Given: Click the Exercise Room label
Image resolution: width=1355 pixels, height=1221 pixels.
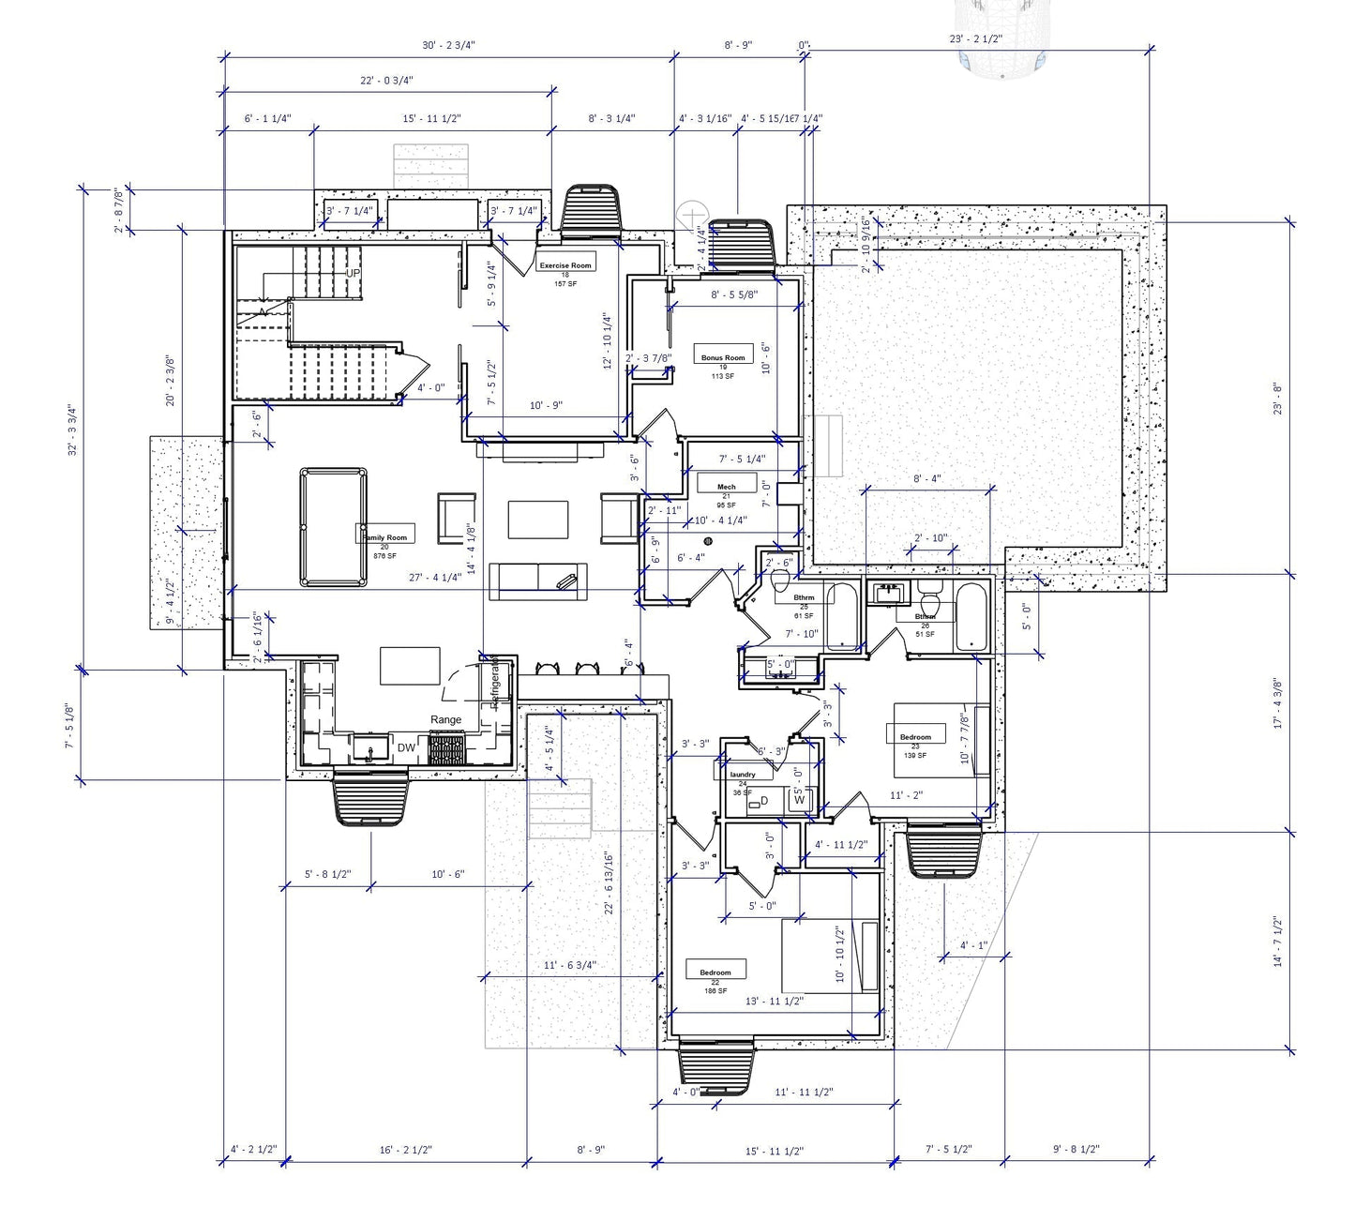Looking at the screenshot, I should click(565, 265).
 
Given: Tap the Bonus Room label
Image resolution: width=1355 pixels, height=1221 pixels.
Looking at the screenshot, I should click(723, 357).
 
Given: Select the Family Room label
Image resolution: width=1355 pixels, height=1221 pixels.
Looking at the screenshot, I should click(384, 537).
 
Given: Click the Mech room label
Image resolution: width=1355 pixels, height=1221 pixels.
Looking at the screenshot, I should click(726, 487).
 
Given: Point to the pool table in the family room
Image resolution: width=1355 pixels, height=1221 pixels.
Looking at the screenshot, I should click(333, 528).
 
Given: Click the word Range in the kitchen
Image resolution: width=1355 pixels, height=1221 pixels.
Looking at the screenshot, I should click(445, 720).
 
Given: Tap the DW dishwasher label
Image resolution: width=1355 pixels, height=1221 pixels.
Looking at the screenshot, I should click(406, 747).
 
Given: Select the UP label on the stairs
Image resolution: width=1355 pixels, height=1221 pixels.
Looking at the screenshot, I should click(353, 274).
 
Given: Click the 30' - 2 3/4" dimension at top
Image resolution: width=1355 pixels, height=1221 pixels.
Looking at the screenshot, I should click(448, 45).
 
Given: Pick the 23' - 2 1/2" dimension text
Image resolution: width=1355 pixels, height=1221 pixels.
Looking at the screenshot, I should click(975, 39).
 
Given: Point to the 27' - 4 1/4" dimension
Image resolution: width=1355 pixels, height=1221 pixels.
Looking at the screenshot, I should click(435, 578).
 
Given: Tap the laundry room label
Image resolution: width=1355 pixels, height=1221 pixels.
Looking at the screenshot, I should click(743, 775).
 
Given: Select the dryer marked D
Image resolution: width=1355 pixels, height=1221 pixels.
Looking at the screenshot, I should click(763, 800).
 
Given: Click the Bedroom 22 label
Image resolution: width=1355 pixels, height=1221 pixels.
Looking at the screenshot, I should click(715, 972).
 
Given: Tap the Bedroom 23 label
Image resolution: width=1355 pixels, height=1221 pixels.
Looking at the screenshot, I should click(915, 737).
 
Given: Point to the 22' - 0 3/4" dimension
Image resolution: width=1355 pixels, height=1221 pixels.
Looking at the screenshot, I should click(386, 81).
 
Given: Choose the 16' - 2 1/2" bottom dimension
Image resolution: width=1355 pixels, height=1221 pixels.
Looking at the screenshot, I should click(405, 1150).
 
